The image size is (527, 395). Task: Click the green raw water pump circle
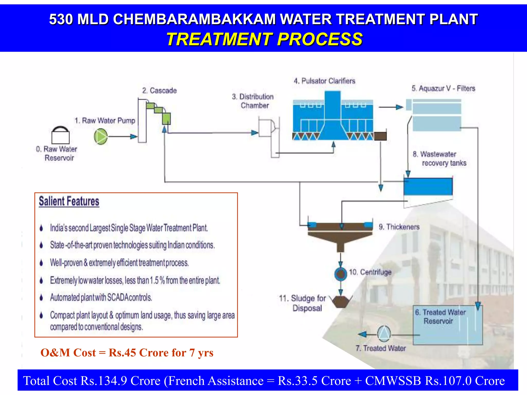point(101,137)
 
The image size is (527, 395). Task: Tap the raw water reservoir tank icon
point(60,136)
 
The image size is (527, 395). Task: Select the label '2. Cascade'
point(159,91)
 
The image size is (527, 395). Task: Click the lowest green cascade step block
point(166,119)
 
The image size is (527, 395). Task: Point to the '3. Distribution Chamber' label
point(253,101)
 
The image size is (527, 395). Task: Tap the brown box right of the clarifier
point(380,136)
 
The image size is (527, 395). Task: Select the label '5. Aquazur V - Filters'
point(443,88)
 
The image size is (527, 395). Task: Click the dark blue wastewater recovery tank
point(428,186)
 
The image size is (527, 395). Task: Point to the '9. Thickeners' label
point(399,227)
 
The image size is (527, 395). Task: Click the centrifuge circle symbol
point(340,274)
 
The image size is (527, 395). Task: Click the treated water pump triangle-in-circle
point(384,334)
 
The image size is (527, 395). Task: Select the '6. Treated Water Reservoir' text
point(440,317)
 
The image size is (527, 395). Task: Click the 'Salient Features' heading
point(69,201)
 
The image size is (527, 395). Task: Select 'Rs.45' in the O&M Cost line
point(122,353)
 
